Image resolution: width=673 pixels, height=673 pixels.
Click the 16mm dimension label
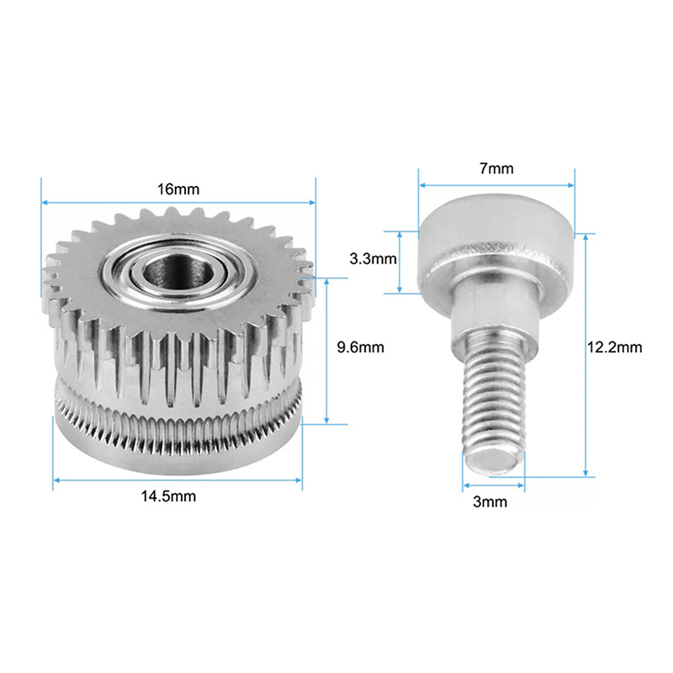click(178, 189)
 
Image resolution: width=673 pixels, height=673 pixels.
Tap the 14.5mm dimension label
click(169, 496)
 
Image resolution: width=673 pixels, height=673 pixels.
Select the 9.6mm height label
click(361, 347)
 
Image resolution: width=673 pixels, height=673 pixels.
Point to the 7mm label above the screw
click(496, 169)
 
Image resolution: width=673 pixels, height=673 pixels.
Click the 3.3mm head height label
click(373, 259)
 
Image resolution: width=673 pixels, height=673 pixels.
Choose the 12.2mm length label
click(615, 347)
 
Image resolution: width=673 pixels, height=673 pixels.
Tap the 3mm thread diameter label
click(490, 501)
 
